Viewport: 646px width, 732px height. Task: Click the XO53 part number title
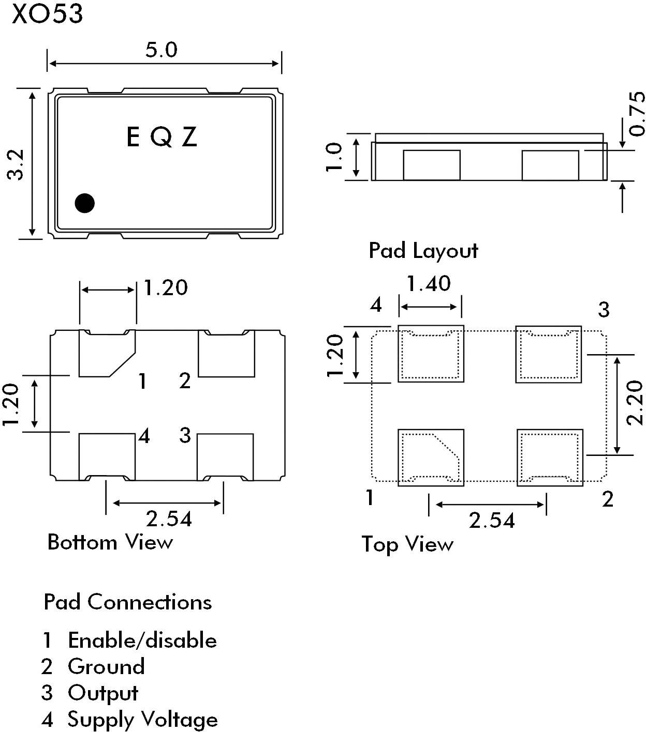point(47,14)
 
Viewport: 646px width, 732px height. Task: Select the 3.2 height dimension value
point(17,164)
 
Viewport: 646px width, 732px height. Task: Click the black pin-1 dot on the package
point(84,203)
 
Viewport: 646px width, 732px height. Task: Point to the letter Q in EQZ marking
point(162,138)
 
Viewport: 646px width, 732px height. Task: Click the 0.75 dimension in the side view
point(637,114)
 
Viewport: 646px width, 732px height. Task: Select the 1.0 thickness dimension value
point(335,157)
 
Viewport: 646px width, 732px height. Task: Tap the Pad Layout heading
point(423,251)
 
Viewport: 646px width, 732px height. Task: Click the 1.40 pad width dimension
point(429,284)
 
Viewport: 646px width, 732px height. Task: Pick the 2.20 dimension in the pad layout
point(634,403)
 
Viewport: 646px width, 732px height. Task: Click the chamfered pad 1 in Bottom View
point(104,354)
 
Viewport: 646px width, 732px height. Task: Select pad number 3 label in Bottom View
point(185,435)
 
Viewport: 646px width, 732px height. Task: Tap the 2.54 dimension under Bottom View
point(169,518)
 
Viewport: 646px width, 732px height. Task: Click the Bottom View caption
point(110,542)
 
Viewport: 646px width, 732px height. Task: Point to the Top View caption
point(407,544)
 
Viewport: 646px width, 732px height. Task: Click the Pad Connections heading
point(128,602)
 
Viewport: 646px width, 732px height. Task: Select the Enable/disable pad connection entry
point(142,640)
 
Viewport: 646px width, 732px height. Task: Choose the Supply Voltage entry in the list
point(142,719)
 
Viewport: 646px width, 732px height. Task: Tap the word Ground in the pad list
point(106,666)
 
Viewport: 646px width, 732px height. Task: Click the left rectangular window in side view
point(432,165)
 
